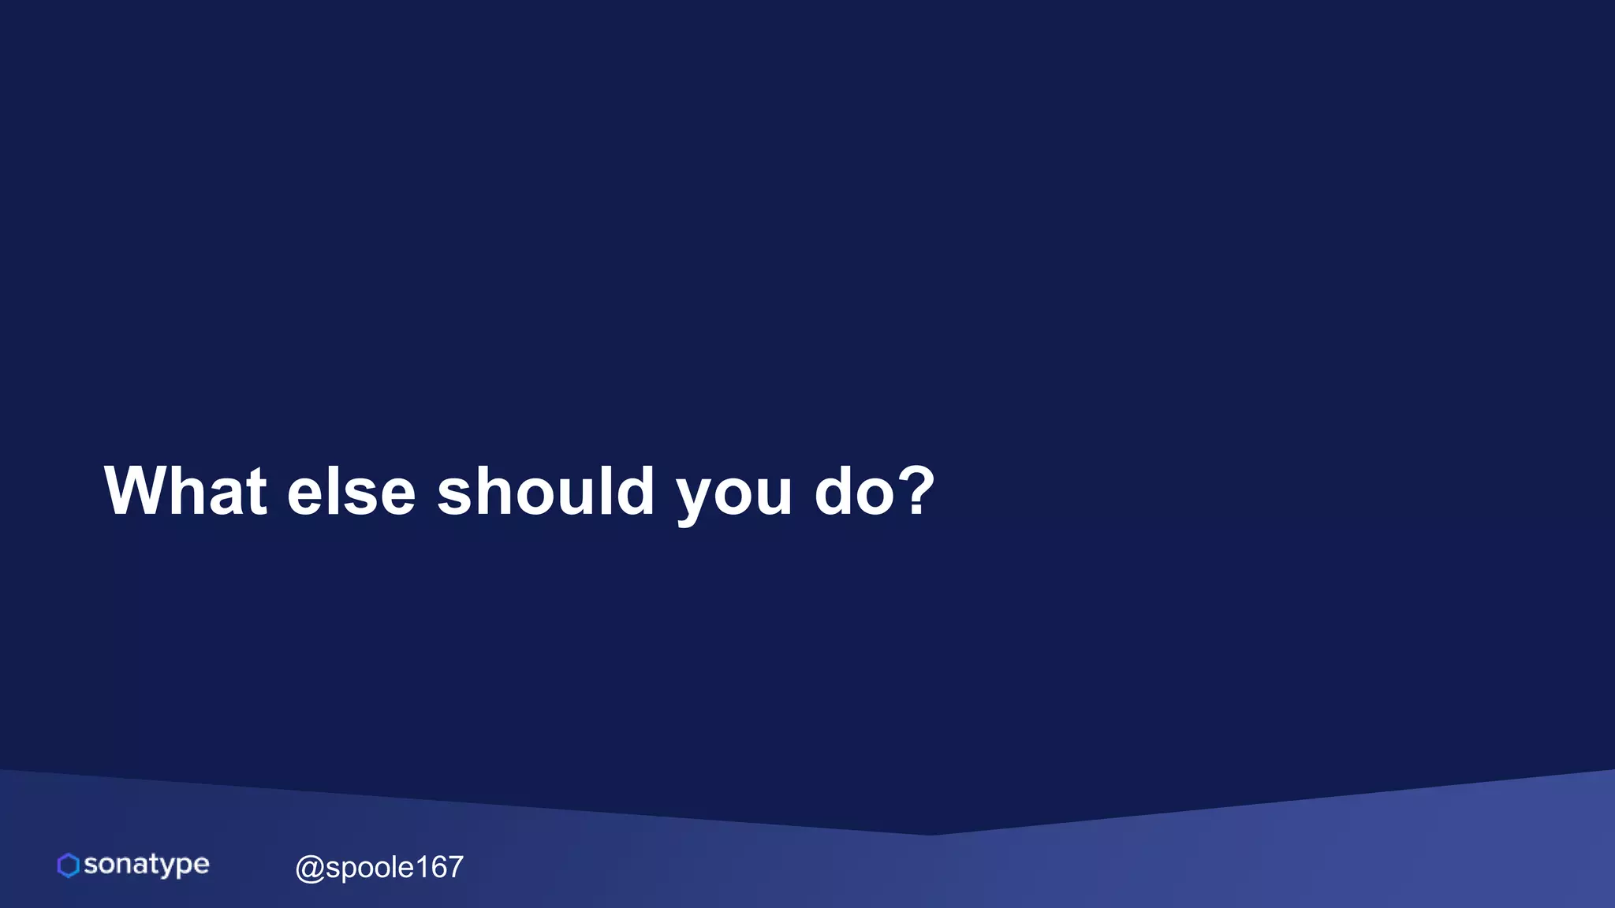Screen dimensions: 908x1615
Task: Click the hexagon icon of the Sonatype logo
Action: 69,865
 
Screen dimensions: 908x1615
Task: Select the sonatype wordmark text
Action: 146,865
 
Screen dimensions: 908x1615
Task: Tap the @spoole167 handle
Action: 379,867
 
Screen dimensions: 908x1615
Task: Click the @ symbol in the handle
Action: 309,869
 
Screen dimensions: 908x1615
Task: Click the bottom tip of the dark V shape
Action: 929,834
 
